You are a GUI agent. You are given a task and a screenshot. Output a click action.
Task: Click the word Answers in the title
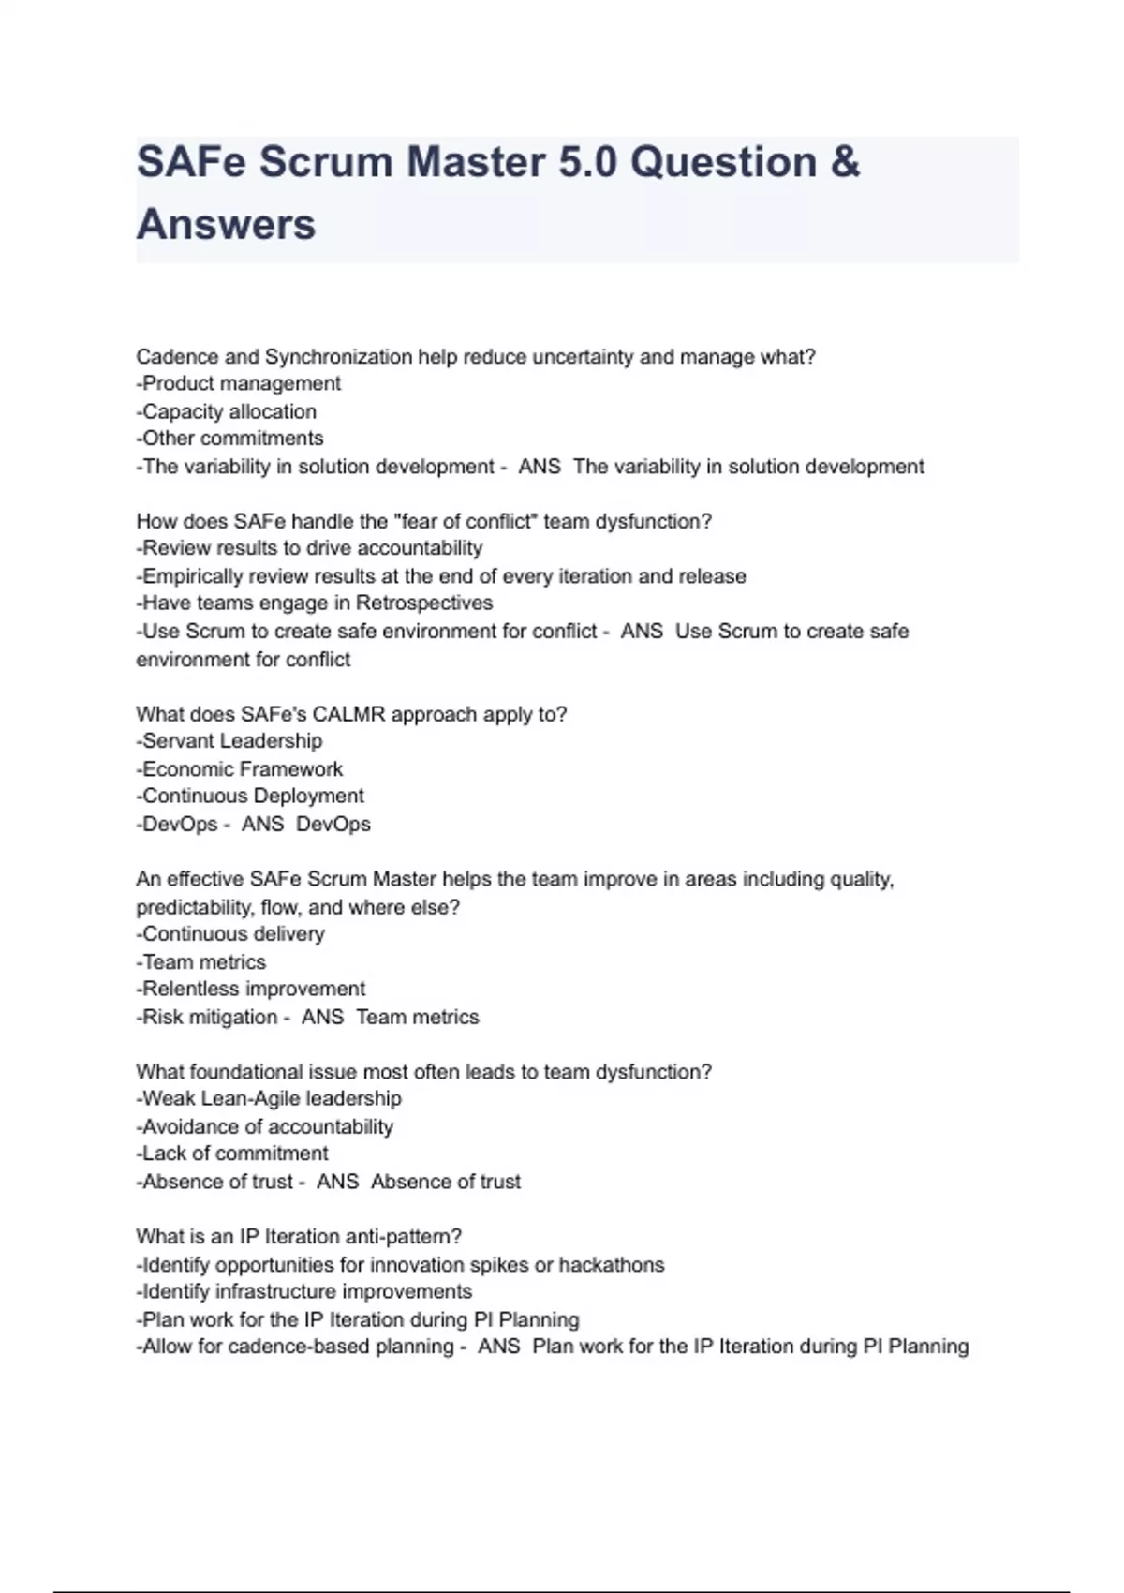[x=226, y=225]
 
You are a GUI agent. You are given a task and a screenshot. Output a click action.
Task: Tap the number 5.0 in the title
[x=588, y=162]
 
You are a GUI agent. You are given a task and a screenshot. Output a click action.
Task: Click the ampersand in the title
[x=845, y=162]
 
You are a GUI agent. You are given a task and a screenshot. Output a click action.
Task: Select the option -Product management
[x=239, y=383]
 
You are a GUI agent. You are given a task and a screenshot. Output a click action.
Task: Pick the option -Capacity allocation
[x=227, y=411]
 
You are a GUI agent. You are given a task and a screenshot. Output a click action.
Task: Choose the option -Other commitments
[x=230, y=439]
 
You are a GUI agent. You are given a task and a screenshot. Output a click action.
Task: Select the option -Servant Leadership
[x=229, y=741]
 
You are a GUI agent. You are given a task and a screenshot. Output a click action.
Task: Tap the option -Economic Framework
[x=240, y=769]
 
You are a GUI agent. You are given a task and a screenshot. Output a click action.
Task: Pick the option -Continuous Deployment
[x=250, y=796]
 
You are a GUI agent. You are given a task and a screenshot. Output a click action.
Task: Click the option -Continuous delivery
[x=230, y=934]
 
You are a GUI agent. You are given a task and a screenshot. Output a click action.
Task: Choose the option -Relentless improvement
[x=251, y=990]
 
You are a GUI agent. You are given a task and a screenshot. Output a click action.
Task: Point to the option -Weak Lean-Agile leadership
[x=269, y=1099]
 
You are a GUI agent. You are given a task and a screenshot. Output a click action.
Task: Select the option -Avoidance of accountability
[x=265, y=1127]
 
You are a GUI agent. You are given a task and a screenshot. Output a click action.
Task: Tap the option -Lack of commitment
[x=232, y=1154]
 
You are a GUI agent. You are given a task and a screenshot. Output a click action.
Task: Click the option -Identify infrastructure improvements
[x=304, y=1292]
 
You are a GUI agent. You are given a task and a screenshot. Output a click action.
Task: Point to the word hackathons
[x=612, y=1265]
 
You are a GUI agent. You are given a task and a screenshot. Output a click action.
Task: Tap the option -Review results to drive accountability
[x=310, y=548]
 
